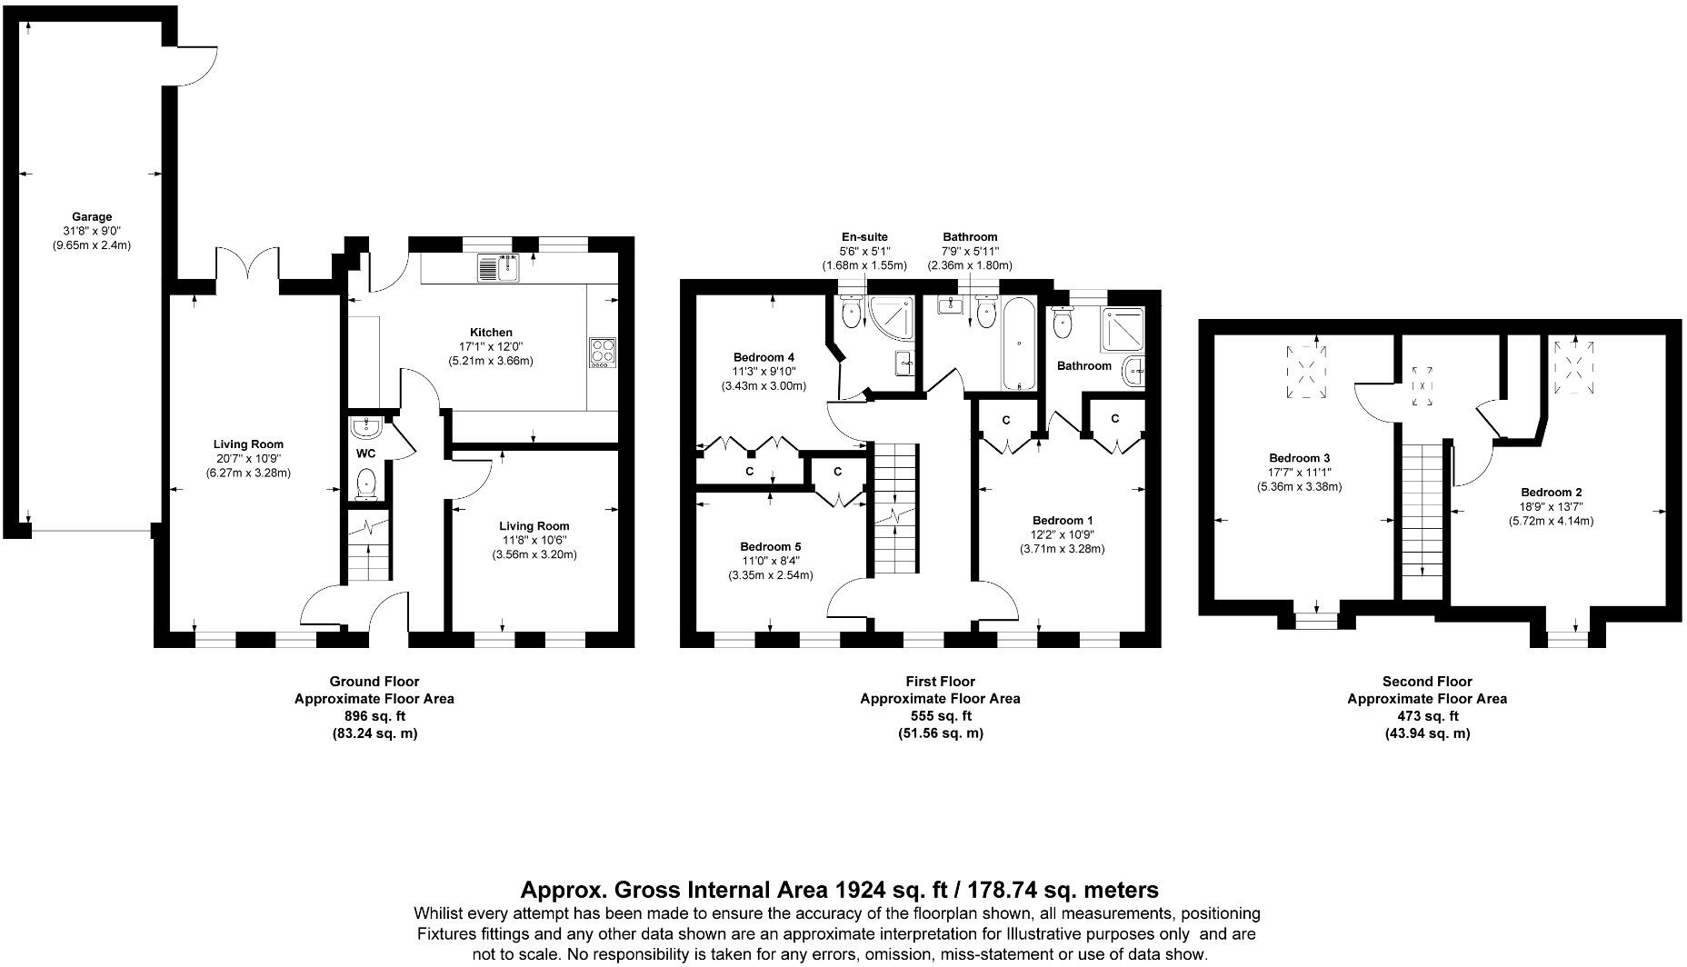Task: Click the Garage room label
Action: click(x=92, y=217)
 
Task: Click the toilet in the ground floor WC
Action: click(x=366, y=483)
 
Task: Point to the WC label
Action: click(x=365, y=453)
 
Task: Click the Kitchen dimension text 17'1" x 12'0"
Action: click(x=491, y=346)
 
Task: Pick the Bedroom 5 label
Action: click(x=770, y=546)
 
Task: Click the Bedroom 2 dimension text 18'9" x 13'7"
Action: click(x=1551, y=507)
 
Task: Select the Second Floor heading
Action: click(x=1426, y=681)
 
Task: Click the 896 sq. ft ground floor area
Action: click(x=374, y=716)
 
